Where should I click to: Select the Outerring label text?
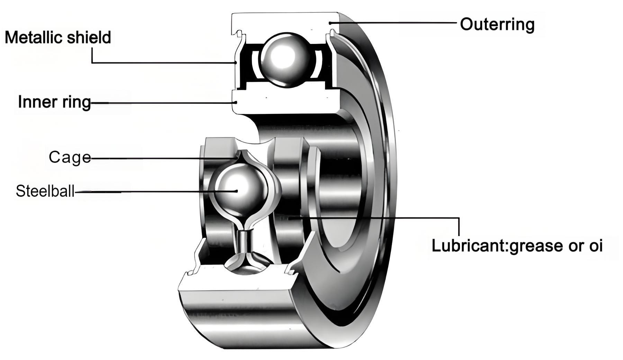point(497,24)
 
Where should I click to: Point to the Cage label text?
point(70,157)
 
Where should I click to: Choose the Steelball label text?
point(45,191)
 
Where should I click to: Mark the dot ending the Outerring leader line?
point(330,23)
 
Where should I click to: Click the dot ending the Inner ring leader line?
point(236,102)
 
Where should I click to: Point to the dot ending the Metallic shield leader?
point(235,63)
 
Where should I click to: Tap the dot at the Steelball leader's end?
point(236,191)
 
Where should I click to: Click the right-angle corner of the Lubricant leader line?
point(459,218)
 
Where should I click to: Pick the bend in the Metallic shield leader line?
point(92,63)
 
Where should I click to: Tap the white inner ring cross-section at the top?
point(284,100)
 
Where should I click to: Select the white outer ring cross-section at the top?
point(284,22)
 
